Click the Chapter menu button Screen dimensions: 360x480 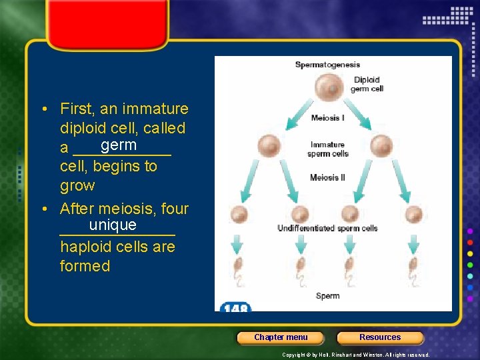click(281, 337)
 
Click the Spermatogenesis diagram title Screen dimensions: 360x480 click(327, 65)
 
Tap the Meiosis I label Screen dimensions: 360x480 click(327, 119)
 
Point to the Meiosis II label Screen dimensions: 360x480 click(327, 178)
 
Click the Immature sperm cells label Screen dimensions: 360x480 click(327, 149)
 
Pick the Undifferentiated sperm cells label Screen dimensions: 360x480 click(327, 229)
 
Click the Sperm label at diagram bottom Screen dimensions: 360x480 click(327, 296)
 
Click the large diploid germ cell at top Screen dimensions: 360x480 click(327, 88)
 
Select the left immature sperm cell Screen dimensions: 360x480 click(269, 145)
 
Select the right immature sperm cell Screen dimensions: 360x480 click(381, 145)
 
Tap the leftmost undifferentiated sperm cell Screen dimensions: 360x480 click(239, 215)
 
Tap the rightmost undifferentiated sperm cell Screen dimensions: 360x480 click(414, 215)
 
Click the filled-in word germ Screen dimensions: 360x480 click(119, 145)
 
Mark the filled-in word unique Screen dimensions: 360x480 click(113, 225)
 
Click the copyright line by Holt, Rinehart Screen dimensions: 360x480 click(355, 355)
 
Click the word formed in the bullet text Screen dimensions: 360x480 click(85, 266)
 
